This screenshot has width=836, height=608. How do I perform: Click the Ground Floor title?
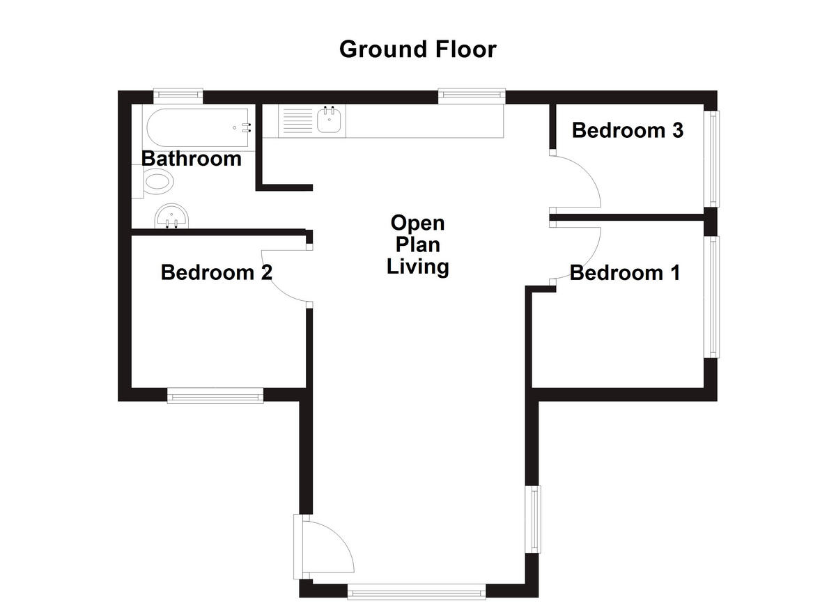tap(417, 49)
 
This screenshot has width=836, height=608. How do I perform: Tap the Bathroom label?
tap(192, 159)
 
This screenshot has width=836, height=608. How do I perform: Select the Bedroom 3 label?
tap(627, 130)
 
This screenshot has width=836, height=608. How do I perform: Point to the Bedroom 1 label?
tap(624, 273)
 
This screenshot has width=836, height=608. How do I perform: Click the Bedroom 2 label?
tap(216, 272)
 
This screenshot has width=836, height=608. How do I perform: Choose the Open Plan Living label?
tap(417, 245)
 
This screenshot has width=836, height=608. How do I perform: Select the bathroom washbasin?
tap(171, 215)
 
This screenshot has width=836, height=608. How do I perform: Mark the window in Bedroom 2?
tap(215, 396)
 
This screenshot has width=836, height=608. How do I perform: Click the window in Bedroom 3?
tap(714, 158)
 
